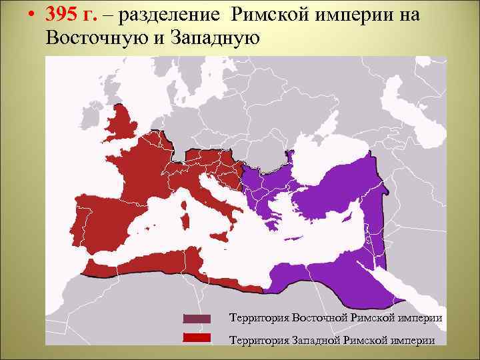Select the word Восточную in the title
pos(97,37)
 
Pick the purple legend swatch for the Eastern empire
pos(196,318)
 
